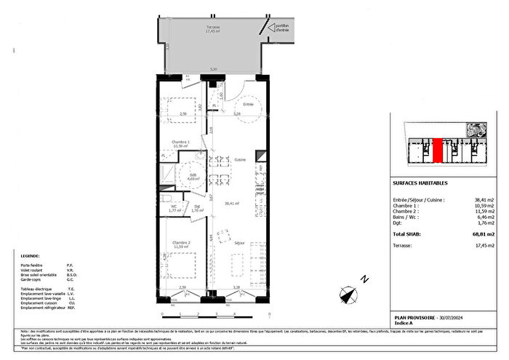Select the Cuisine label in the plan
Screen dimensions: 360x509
pyautogui.click(x=240, y=159)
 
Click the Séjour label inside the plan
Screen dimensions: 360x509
pyautogui.click(x=239, y=242)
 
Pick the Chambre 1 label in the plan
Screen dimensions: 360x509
pyautogui.click(x=180, y=142)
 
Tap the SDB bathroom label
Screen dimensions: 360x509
pyautogui.click(x=193, y=175)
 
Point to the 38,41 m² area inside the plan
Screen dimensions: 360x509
pyautogui.click(x=233, y=204)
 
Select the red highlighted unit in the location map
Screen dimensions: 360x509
pyautogui.click(x=438, y=151)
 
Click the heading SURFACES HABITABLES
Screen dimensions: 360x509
pyautogui.click(x=420, y=184)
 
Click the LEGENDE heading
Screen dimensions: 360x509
pyautogui.click(x=31, y=256)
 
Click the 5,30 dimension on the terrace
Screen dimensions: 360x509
pyautogui.click(x=213, y=69)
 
